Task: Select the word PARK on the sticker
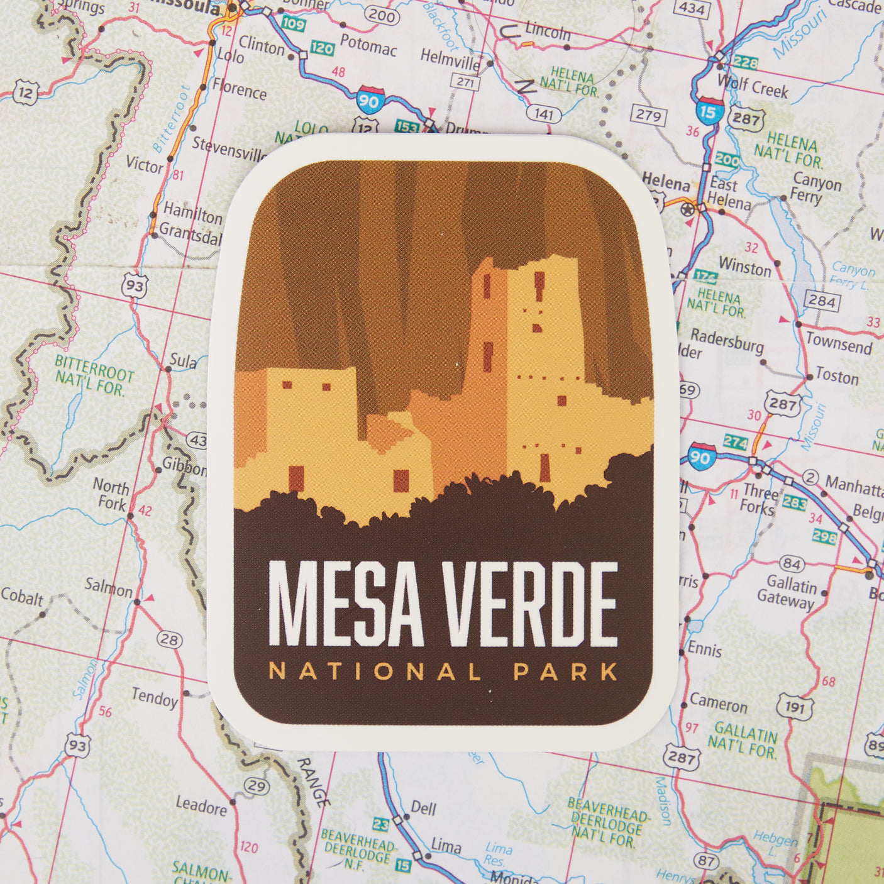(x=565, y=671)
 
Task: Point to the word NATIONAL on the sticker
(x=375, y=671)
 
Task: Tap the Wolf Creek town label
(x=753, y=87)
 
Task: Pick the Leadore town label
(x=201, y=805)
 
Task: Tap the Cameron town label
(x=718, y=704)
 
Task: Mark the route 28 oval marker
(x=168, y=640)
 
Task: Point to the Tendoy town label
(x=155, y=697)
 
